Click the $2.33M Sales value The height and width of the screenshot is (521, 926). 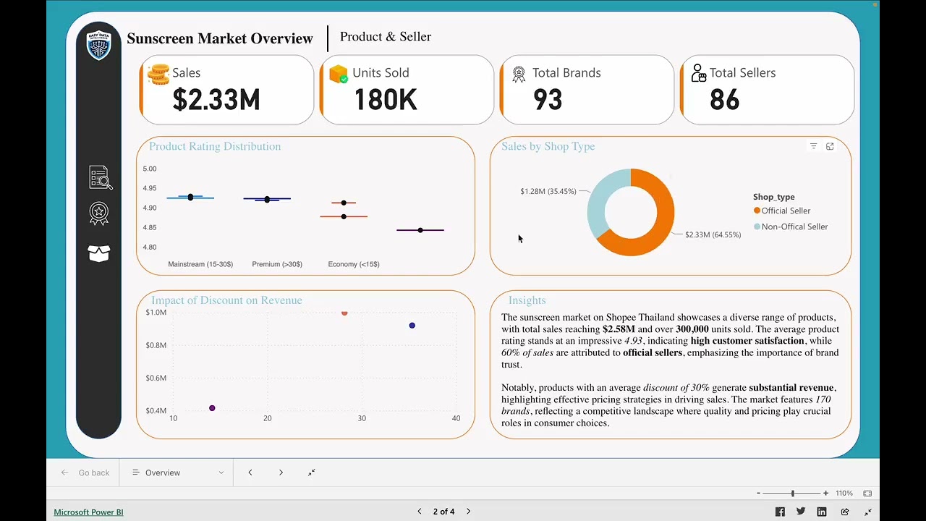216,100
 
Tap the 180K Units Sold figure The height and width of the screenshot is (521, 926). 385,100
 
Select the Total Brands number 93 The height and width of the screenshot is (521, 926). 548,100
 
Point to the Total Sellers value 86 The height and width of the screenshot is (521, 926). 724,100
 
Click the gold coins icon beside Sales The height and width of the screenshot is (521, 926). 158,74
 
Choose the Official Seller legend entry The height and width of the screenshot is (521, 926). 785,211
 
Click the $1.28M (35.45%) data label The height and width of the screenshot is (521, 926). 548,192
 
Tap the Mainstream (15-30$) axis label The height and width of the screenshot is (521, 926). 200,264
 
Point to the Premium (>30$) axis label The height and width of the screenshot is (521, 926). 277,264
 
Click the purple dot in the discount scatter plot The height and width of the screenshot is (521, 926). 212,408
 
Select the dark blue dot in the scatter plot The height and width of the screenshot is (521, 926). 412,326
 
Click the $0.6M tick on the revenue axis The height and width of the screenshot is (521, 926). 156,378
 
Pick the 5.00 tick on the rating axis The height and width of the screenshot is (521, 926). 149,169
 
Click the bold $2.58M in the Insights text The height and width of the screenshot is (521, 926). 619,329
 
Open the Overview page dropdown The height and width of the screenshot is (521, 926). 177,473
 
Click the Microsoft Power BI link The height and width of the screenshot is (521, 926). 88,512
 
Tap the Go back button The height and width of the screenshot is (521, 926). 85,473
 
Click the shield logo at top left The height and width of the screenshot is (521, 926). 99,46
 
